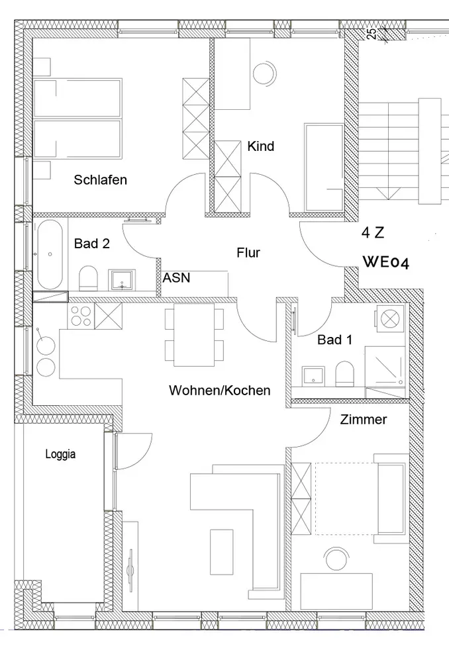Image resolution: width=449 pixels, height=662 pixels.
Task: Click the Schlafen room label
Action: (100, 179)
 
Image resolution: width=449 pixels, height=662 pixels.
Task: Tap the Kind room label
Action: (260, 146)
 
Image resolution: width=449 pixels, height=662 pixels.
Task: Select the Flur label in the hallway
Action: (248, 252)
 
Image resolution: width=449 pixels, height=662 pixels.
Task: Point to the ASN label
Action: (177, 278)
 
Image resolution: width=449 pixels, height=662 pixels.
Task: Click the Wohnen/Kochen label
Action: (219, 391)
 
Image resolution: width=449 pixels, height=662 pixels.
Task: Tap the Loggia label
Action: (60, 454)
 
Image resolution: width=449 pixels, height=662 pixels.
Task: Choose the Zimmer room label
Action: (363, 420)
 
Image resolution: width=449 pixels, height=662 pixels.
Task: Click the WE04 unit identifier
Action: (386, 262)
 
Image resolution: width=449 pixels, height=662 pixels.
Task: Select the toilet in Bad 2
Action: (89, 278)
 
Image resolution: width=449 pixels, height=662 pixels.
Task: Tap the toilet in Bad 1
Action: (345, 375)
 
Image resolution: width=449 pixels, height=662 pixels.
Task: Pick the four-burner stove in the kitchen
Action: (81, 316)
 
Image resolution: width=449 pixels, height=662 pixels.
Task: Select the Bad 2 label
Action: (92, 244)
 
